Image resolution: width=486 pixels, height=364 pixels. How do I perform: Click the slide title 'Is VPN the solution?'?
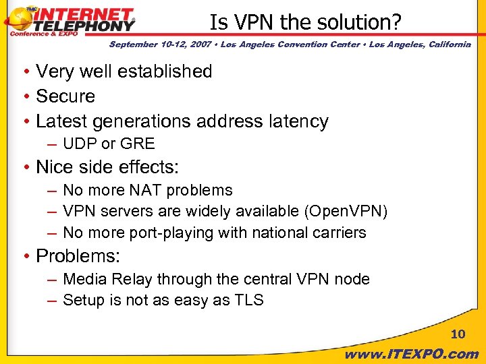click(x=305, y=22)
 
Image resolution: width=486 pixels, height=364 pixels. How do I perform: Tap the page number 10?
click(x=458, y=334)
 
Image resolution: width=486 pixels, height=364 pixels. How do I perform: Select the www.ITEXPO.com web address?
click(x=412, y=354)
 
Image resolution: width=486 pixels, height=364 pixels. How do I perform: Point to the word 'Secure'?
click(x=65, y=96)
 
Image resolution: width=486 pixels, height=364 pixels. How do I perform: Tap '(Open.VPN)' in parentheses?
click(x=346, y=212)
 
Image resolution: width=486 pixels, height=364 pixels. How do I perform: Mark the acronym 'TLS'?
click(x=249, y=300)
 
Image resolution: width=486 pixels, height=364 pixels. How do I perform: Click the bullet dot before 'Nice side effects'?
click(x=25, y=167)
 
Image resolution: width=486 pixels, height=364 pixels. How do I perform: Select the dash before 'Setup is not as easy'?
click(x=52, y=300)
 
